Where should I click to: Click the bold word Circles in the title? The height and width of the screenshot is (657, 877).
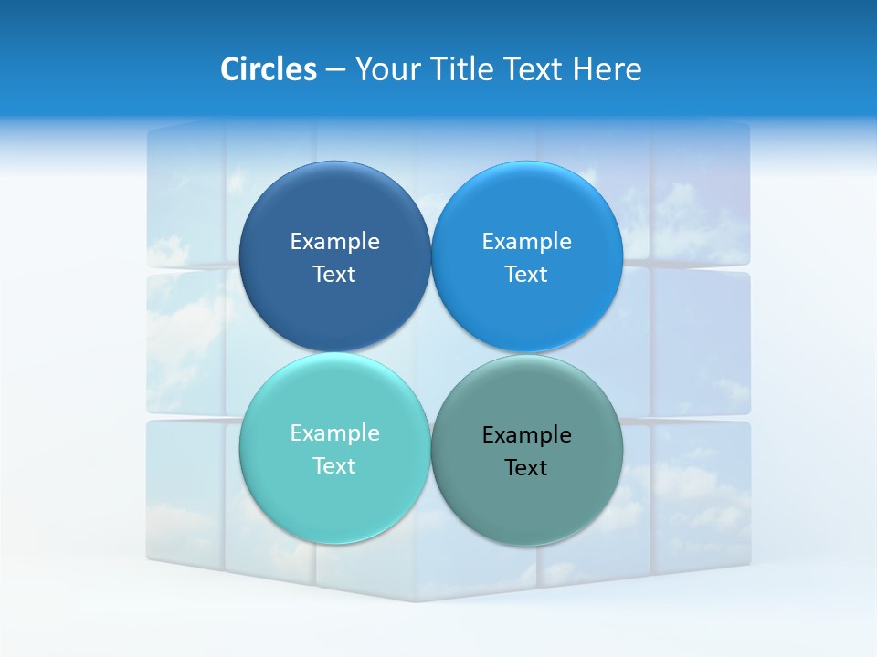[268, 69]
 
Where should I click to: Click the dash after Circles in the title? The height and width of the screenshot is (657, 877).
[335, 70]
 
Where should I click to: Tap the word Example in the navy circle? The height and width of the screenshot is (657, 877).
[334, 241]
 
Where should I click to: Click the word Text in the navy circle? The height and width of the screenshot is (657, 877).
[334, 274]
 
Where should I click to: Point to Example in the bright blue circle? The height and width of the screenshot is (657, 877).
[527, 241]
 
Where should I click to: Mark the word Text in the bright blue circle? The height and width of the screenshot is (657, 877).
[527, 274]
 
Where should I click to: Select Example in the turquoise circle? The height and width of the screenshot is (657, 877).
[334, 433]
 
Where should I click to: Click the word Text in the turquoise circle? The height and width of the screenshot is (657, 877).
[334, 465]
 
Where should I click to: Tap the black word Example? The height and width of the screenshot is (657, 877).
[527, 434]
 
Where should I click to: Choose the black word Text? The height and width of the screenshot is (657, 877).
[527, 467]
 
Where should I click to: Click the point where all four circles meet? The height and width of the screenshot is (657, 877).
[430, 352]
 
